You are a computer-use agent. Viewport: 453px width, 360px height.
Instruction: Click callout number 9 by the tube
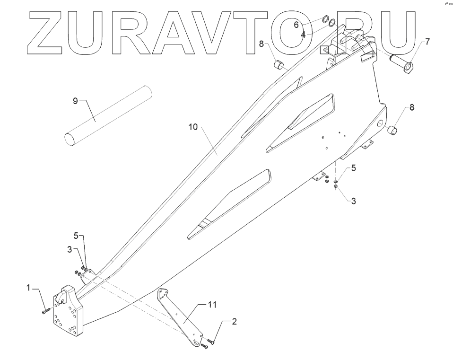click(x=75, y=100)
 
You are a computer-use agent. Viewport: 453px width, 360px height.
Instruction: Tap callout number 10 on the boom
click(x=193, y=127)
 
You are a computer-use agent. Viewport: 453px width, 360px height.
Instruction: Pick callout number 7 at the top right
click(x=427, y=42)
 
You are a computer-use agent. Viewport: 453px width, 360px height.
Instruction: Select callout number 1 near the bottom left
click(x=28, y=287)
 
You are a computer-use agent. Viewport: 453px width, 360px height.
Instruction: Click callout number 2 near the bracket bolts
click(x=234, y=321)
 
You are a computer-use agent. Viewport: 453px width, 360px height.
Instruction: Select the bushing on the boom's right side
click(x=392, y=130)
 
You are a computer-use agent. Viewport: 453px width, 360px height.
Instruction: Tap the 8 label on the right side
click(x=411, y=107)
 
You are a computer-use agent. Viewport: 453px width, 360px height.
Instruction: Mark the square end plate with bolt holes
click(x=68, y=312)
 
